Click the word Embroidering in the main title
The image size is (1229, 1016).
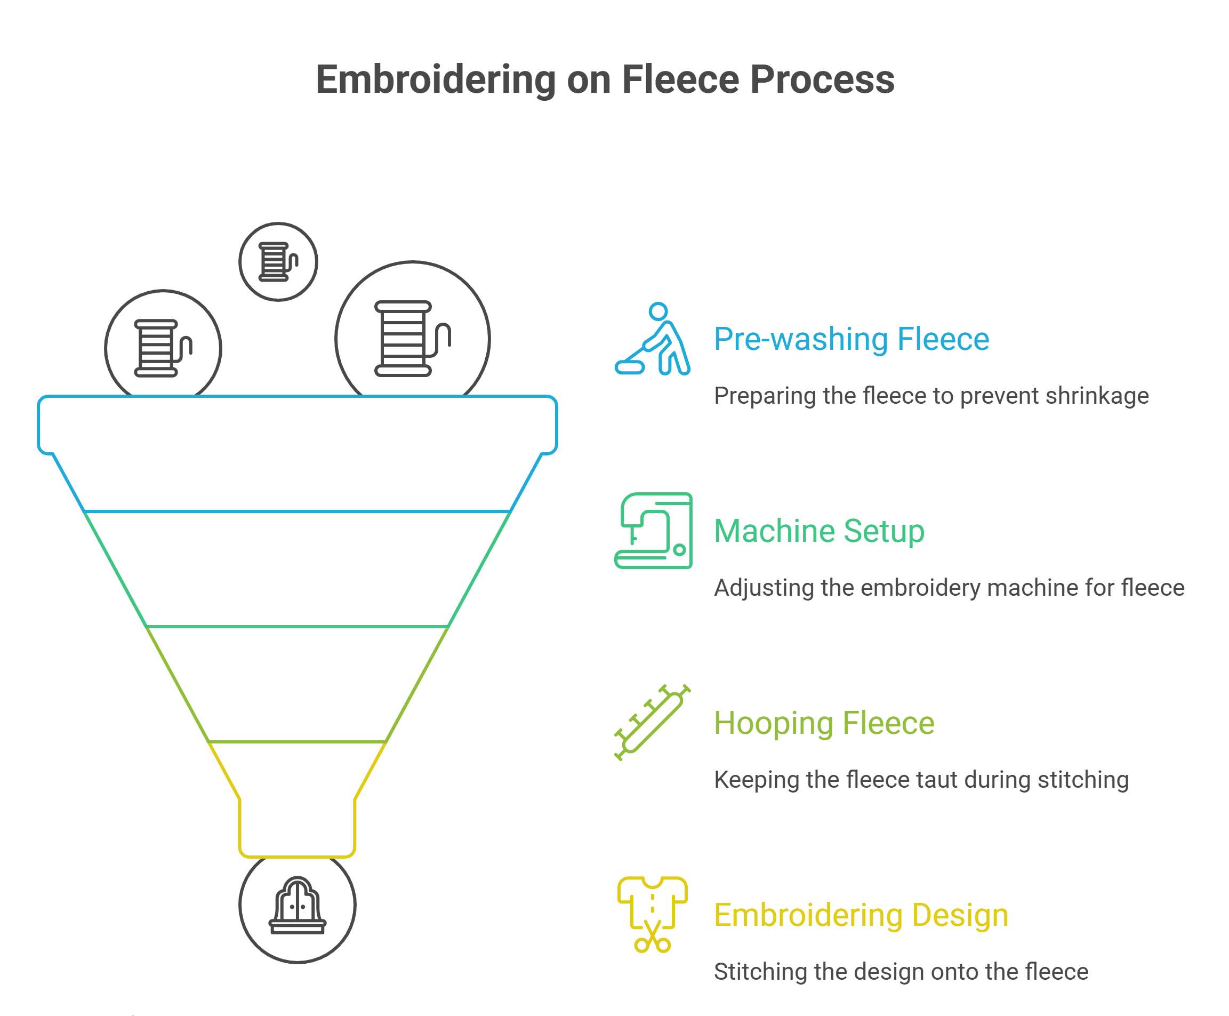[435, 79]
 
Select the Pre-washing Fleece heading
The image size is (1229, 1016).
[851, 339]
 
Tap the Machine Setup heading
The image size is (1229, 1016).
[819, 531]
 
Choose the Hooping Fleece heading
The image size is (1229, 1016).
[824, 723]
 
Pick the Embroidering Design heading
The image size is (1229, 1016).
[861, 915]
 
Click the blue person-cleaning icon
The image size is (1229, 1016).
[653, 339]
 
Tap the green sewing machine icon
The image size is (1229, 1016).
[653, 530]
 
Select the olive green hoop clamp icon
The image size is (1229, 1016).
[652, 722]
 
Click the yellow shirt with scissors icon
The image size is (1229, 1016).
[652, 914]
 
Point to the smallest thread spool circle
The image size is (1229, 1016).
[278, 262]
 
